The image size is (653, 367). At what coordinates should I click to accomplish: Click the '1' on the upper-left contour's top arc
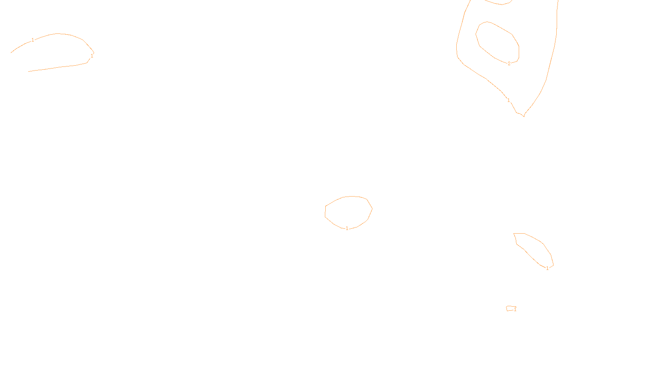tap(33, 40)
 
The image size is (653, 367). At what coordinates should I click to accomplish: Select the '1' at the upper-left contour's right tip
tap(92, 56)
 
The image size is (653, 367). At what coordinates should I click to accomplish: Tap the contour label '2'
tap(509, 64)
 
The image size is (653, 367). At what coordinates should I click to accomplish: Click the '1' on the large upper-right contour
tap(509, 100)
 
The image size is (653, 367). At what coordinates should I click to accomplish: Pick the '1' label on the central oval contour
tap(347, 228)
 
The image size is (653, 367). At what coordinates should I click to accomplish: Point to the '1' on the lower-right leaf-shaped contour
tap(547, 268)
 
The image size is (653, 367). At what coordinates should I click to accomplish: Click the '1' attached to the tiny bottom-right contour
tap(515, 310)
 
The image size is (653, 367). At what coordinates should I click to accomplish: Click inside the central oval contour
tap(348, 211)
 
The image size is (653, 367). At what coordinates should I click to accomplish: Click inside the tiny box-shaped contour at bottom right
tap(510, 309)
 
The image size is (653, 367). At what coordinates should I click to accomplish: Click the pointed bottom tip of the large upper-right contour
tap(524, 116)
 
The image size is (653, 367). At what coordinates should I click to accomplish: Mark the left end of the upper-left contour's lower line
tap(29, 71)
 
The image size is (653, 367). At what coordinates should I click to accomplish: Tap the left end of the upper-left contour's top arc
tap(11, 53)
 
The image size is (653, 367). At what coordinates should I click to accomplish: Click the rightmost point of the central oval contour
tap(372, 209)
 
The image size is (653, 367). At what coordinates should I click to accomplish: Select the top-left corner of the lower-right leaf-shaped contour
tap(514, 234)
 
